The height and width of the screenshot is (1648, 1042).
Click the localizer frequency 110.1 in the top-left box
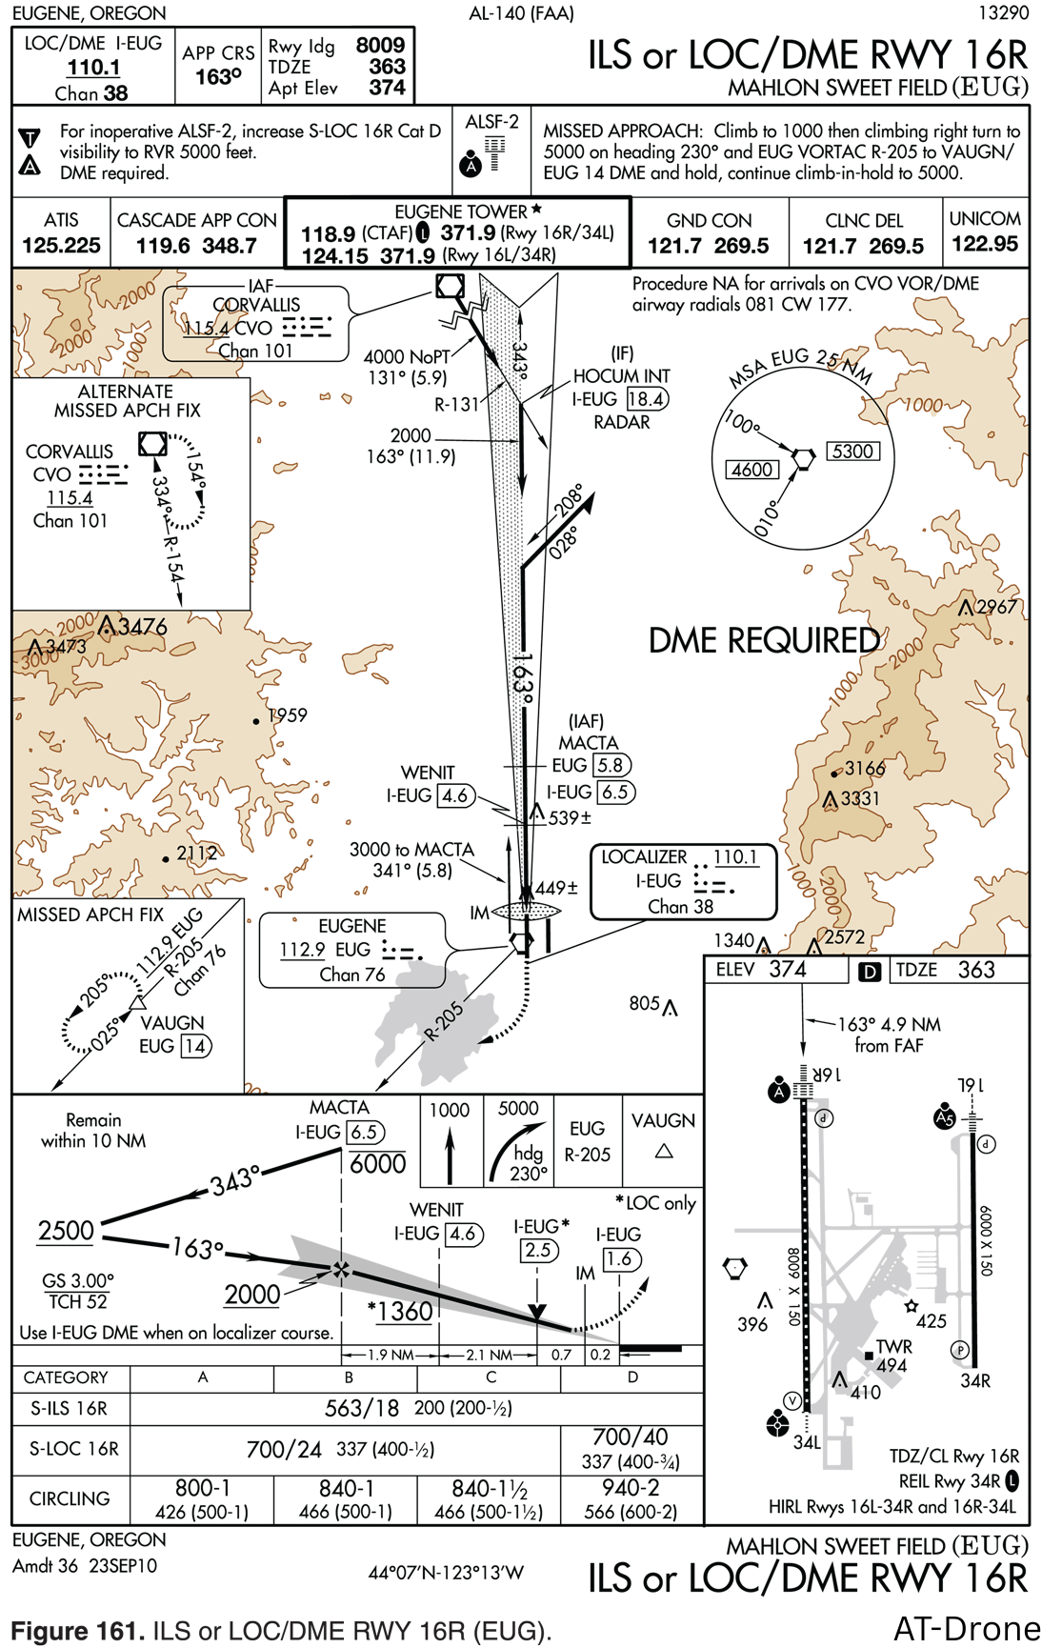(x=93, y=68)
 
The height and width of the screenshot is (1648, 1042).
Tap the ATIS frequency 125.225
(x=61, y=246)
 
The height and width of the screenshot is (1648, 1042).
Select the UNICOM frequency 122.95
(x=985, y=244)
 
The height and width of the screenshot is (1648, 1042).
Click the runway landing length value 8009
(x=380, y=45)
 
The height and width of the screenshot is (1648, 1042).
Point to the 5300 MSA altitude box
(x=852, y=452)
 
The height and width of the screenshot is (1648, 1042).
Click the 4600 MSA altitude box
(x=752, y=470)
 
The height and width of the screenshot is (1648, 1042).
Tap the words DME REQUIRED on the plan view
(x=764, y=640)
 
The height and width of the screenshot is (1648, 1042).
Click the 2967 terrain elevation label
(x=995, y=607)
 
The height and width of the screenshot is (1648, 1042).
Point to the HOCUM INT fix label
(x=621, y=376)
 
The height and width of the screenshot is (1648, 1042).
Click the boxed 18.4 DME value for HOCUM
(x=647, y=399)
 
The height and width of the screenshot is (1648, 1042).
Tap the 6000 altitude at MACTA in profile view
(x=377, y=1164)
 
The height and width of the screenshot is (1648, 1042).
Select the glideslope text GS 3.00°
(x=77, y=1280)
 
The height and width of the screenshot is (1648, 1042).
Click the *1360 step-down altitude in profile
(x=401, y=1312)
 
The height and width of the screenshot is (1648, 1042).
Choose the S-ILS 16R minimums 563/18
(x=361, y=1408)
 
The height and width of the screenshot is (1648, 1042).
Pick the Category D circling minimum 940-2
(x=631, y=1488)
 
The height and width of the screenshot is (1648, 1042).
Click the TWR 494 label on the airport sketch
(x=893, y=1356)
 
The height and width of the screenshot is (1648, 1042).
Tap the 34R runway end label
(x=974, y=1380)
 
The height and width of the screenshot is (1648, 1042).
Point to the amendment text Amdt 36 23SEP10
(x=85, y=1565)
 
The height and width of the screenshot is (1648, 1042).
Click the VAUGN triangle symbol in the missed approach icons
(x=664, y=1152)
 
